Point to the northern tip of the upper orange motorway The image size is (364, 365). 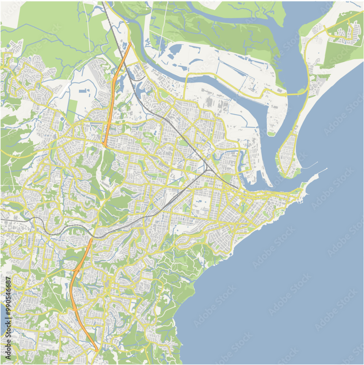click(x=130, y=43)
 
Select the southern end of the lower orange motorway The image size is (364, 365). click(x=97, y=351)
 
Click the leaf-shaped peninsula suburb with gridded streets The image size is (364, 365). click(x=288, y=155)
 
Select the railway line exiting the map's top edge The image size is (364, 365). click(x=103, y=3)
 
